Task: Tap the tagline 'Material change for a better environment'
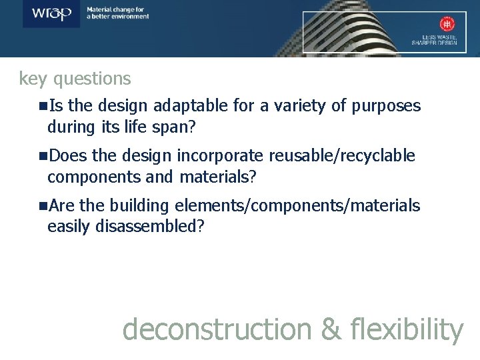coord(118,13)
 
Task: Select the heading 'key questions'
coord(75,79)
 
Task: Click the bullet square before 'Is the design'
coord(43,106)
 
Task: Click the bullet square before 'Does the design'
coord(43,156)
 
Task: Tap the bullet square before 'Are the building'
coord(43,206)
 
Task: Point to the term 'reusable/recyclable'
coord(342,156)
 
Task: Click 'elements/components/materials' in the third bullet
coord(301,206)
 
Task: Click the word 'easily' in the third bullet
coord(69,226)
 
